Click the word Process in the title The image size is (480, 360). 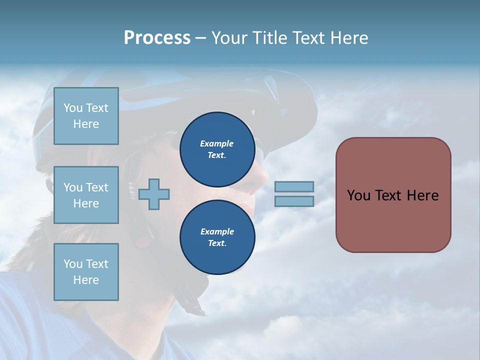(157, 38)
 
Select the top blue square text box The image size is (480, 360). (86, 116)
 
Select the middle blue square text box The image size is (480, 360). (86, 195)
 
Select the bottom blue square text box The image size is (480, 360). (86, 271)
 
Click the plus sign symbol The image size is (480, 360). (154, 194)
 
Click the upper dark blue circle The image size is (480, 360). (217, 149)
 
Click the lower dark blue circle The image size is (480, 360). (217, 237)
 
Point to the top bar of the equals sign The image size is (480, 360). (294, 186)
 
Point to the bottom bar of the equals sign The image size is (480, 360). (294, 201)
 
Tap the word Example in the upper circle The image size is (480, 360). (217, 143)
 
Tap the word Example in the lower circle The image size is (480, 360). (217, 231)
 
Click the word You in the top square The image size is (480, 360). (73, 108)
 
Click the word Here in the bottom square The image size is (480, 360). (86, 280)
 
